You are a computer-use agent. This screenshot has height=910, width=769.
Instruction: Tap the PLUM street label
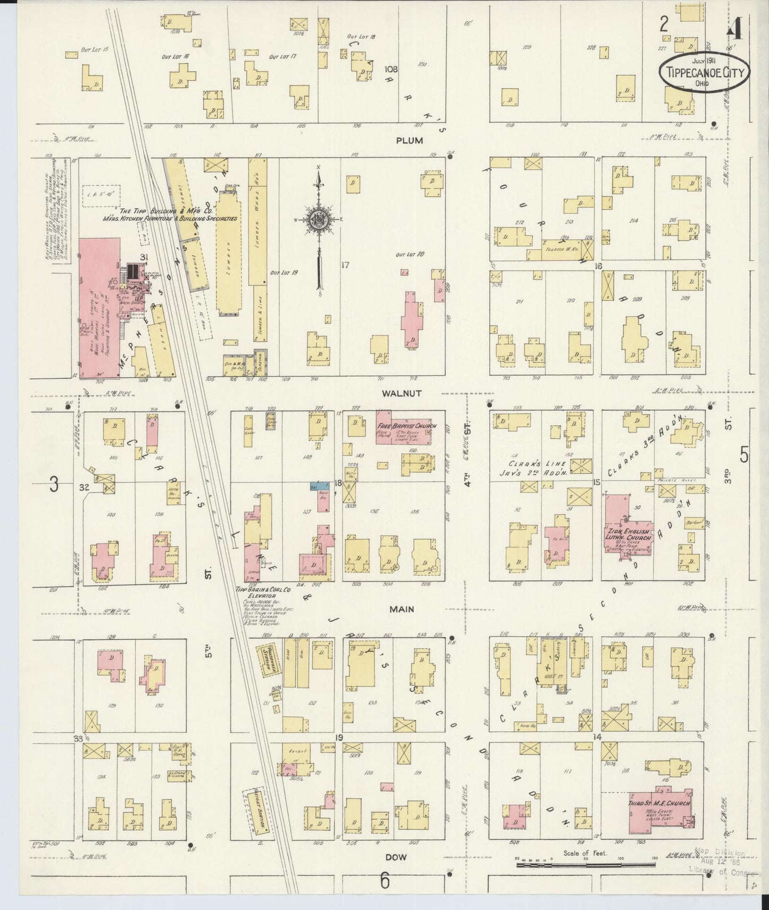click(409, 141)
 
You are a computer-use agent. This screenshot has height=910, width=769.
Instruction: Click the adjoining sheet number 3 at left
click(54, 485)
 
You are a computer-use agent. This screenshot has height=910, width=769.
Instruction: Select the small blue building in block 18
click(320, 486)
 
